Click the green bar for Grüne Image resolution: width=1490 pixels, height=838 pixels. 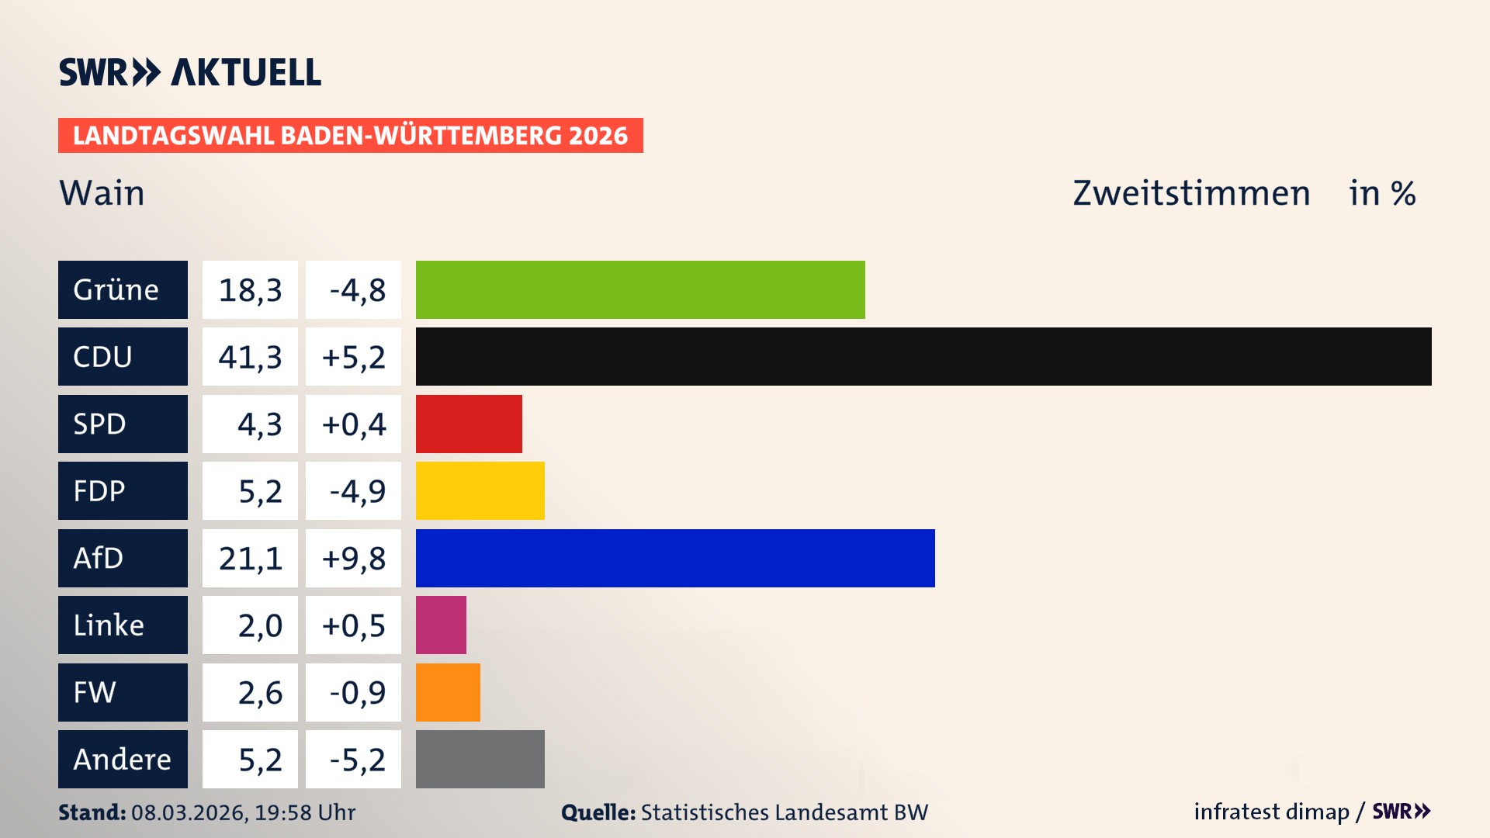(640, 289)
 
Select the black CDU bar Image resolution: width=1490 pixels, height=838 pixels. (923, 356)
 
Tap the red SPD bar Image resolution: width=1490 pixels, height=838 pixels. (469, 424)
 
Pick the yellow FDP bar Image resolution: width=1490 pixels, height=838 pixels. (480, 490)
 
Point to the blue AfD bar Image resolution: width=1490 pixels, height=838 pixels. (675, 558)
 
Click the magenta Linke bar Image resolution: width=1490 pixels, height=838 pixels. (441, 625)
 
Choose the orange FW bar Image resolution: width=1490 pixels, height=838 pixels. (448, 692)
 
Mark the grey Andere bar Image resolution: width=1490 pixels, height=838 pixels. (480, 759)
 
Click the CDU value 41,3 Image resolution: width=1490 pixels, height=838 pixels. (250, 357)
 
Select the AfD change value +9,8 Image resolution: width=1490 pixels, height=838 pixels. (354, 559)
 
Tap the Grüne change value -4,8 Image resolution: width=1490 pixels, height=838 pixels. (357, 290)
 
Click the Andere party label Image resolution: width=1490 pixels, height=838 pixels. (123, 759)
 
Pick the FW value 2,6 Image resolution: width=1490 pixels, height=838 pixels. (259, 693)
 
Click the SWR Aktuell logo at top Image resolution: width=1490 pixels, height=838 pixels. (190, 72)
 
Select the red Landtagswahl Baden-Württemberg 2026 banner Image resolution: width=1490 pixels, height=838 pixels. (350, 136)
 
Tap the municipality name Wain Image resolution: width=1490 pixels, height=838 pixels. (102, 193)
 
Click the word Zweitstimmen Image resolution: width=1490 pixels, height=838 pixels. (1191, 193)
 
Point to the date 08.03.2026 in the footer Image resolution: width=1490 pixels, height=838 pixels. (188, 812)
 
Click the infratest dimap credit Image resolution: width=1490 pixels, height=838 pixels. (1271, 812)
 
